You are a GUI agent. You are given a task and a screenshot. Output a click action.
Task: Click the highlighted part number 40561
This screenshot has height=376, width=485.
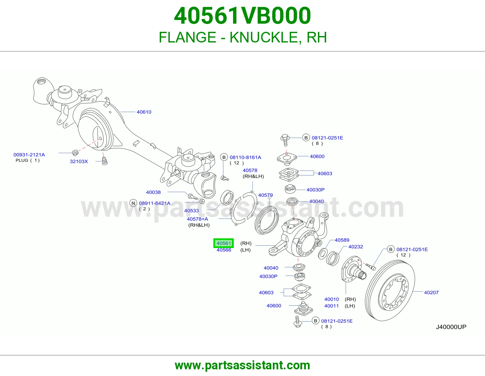[224, 243]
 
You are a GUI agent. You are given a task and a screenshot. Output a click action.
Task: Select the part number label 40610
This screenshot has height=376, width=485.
[144, 112]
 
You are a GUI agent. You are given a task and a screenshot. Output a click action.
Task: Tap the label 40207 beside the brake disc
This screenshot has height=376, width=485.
[431, 292]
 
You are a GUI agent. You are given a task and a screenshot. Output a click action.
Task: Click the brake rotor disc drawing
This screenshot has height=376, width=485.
[390, 290]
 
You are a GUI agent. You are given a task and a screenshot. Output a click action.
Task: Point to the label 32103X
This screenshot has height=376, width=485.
[79, 161]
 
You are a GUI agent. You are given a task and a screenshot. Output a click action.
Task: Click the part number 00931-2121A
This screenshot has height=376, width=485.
[29, 155]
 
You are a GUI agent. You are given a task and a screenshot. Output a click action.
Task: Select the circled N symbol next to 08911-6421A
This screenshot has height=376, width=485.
[133, 203]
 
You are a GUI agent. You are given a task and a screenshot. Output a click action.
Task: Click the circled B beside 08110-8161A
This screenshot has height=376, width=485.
[224, 157]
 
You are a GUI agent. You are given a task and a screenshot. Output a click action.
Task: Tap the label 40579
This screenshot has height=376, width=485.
[265, 195]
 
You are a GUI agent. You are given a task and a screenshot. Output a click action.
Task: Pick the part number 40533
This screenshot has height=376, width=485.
[191, 210]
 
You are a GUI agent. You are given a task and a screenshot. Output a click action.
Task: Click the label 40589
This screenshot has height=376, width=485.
[342, 240]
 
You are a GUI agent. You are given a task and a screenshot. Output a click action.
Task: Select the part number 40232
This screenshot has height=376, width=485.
[356, 247]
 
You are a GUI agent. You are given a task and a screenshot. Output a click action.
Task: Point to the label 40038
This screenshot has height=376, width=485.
[153, 192]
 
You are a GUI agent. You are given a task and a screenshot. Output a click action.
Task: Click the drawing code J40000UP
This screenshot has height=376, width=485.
[451, 327]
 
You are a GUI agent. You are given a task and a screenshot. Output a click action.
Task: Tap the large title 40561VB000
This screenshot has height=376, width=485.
[242, 16]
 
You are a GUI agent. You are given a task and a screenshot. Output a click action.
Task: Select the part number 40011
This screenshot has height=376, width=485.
[331, 306]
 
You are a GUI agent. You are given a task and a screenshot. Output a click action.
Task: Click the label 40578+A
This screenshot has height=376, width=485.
[197, 219]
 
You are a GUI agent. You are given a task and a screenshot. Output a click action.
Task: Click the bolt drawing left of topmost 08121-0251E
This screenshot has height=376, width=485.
[285, 140]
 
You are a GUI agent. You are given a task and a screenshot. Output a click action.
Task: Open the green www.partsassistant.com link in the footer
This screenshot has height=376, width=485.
[242, 365]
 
